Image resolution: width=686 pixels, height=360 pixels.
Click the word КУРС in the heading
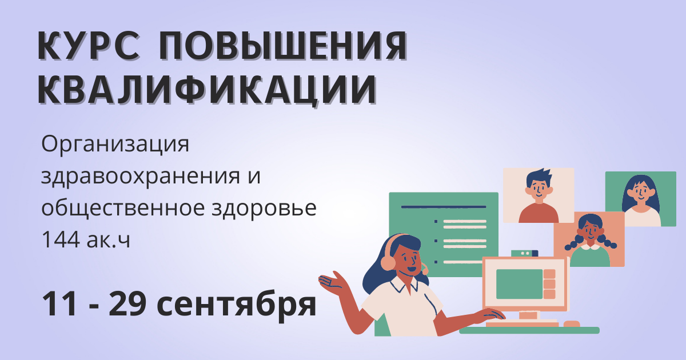89,45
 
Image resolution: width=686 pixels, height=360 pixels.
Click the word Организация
115,145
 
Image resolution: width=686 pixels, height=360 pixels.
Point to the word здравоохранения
141,177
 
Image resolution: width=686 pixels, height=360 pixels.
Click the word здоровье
264,208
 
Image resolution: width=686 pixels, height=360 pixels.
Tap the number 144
61,239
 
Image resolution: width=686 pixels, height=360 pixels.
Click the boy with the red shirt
539,196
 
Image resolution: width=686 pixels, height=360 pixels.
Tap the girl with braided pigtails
590,241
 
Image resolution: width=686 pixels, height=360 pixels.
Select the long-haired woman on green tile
641,201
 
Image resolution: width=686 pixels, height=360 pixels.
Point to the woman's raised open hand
332,281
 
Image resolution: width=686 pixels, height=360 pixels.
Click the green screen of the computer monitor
519,284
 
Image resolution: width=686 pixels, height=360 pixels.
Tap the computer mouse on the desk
572,324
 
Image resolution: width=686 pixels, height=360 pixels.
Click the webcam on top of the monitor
525,254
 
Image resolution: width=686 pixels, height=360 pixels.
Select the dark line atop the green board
444,207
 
